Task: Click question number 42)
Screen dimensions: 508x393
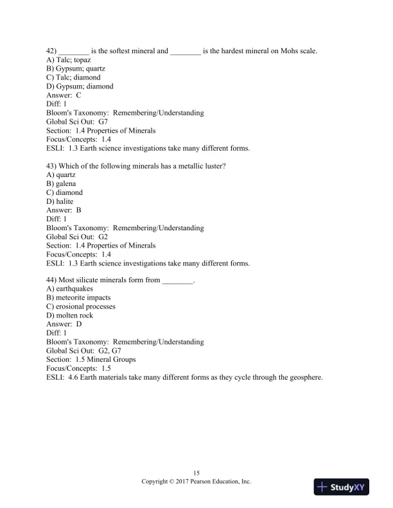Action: [52, 51]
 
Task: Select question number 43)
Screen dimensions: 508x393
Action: [52, 166]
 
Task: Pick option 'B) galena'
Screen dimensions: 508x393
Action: [61, 183]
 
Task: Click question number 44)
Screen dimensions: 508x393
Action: [52, 280]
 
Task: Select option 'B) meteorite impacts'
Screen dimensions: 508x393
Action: [78, 298]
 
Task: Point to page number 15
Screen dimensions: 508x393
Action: [196, 473]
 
